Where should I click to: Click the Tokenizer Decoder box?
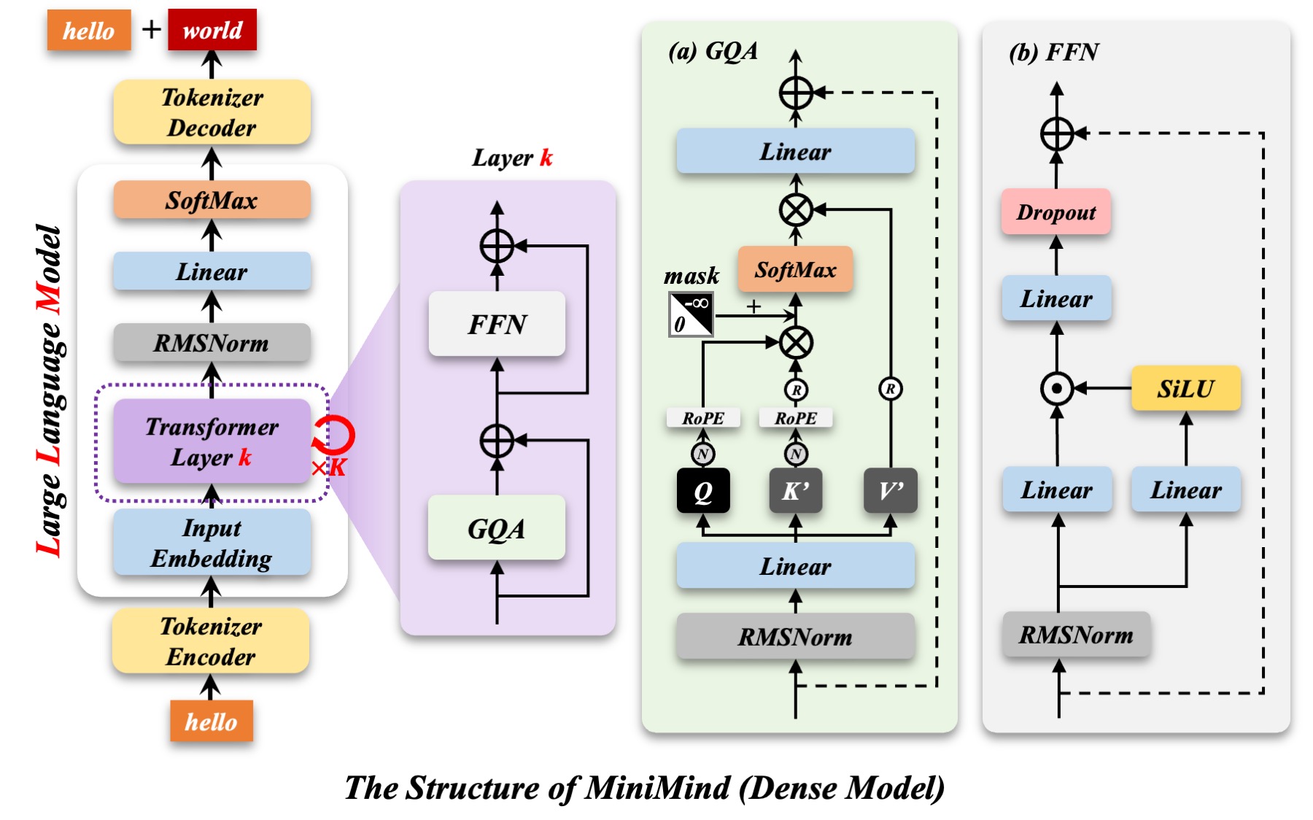pos(212,112)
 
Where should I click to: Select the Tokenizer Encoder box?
pos(211,641)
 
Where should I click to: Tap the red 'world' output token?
pos(212,30)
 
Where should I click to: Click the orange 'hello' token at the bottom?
pos(211,722)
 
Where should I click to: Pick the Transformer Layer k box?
pos(212,441)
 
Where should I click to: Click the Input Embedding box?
pos(212,543)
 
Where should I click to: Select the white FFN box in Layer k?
pos(497,324)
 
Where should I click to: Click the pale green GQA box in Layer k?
pos(497,528)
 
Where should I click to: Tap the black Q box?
pos(703,491)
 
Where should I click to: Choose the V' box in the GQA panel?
pos(890,491)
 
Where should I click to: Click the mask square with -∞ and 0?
pos(691,314)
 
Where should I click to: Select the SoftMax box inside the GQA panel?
pos(795,270)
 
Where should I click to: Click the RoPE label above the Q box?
pos(703,418)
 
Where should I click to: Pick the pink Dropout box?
pos(1056,212)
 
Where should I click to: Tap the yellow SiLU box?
pos(1185,388)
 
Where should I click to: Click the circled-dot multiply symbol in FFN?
pos(1057,388)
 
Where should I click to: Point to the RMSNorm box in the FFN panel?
pos(1076,635)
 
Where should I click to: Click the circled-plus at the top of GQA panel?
pos(796,93)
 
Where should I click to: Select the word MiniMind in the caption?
pos(657,788)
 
